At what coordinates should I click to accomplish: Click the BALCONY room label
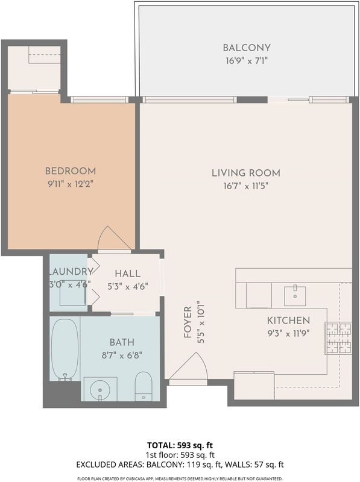tap(247, 48)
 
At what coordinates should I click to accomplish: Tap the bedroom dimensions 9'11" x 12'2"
tap(71, 184)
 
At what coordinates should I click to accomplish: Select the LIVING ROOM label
tap(246, 173)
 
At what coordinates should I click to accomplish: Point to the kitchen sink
tap(295, 296)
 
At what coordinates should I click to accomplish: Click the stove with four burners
tap(338, 338)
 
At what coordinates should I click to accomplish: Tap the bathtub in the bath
tap(65, 350)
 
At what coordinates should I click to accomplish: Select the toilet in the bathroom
tap(144, 386)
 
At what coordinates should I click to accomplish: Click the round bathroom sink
tap(100, 389)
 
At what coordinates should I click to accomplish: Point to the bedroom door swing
tap(115, 239)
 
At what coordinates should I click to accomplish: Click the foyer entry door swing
tap(188, 366)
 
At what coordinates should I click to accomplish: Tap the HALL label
tap(127, 274)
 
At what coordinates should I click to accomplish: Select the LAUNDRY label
tap(71, 272)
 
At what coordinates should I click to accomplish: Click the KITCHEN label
tap(288, 321)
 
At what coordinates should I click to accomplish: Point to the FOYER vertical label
tap(188, 322)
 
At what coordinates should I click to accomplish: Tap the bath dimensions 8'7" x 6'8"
tap(122, 355)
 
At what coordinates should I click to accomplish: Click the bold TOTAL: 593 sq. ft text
tap(180, 445)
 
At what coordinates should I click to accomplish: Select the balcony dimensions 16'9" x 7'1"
tap(247, 61)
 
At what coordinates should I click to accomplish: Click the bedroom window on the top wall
tap(99, 99)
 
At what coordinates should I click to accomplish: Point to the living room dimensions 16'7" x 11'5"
tap(246, 186)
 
